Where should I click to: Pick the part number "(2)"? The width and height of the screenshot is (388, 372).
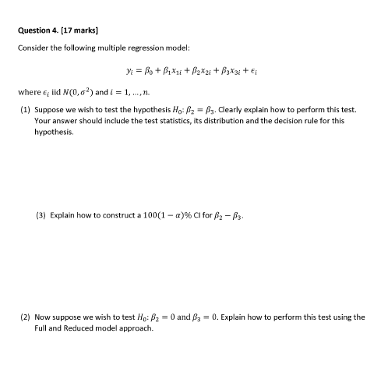pos(25,317)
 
